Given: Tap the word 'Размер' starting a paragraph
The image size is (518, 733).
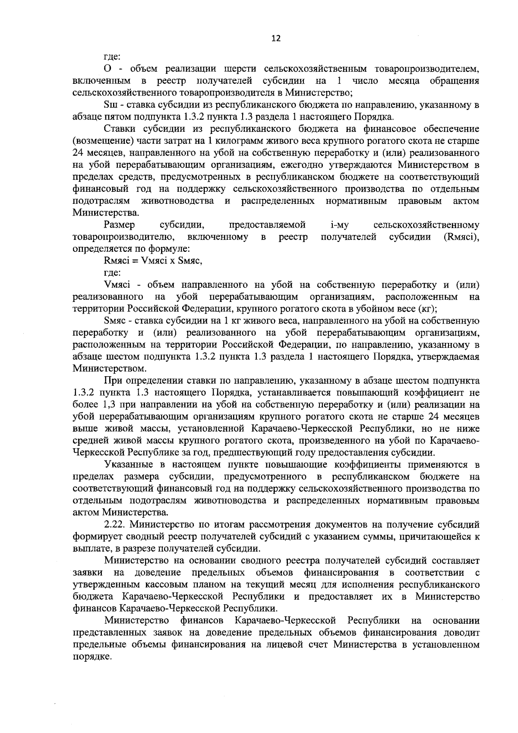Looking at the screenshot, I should coord(119,225).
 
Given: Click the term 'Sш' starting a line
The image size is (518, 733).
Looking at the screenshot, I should coord(110,105).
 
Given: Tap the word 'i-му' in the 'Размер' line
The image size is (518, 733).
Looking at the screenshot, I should coord(339,225).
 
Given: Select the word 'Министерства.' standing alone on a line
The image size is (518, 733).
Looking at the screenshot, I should coord(100,213).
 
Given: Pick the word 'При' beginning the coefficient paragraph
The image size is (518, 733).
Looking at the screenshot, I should coord(112,381).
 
